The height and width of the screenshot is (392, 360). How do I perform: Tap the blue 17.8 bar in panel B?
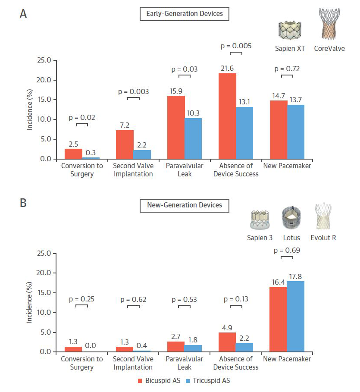click(x=295, y=317)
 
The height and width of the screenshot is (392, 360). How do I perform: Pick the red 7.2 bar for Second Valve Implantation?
click(x=125, y=144)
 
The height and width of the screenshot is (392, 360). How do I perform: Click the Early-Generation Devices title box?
click(x=184, y=14)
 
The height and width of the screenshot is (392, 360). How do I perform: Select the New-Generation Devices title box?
click(x=184, y=205)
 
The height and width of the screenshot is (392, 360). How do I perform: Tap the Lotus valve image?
click(x=291, y=217)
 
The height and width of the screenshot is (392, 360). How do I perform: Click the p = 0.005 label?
click(x=236, y=46)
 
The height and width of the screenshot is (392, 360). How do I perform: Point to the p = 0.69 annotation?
click(x=287, y=250)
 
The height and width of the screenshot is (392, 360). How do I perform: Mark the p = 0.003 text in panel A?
click(x=133, y=91)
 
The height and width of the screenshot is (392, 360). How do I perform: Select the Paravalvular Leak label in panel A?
click(x=184, y=169)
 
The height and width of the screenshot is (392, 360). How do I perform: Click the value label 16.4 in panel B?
click(x=279, y=282)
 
